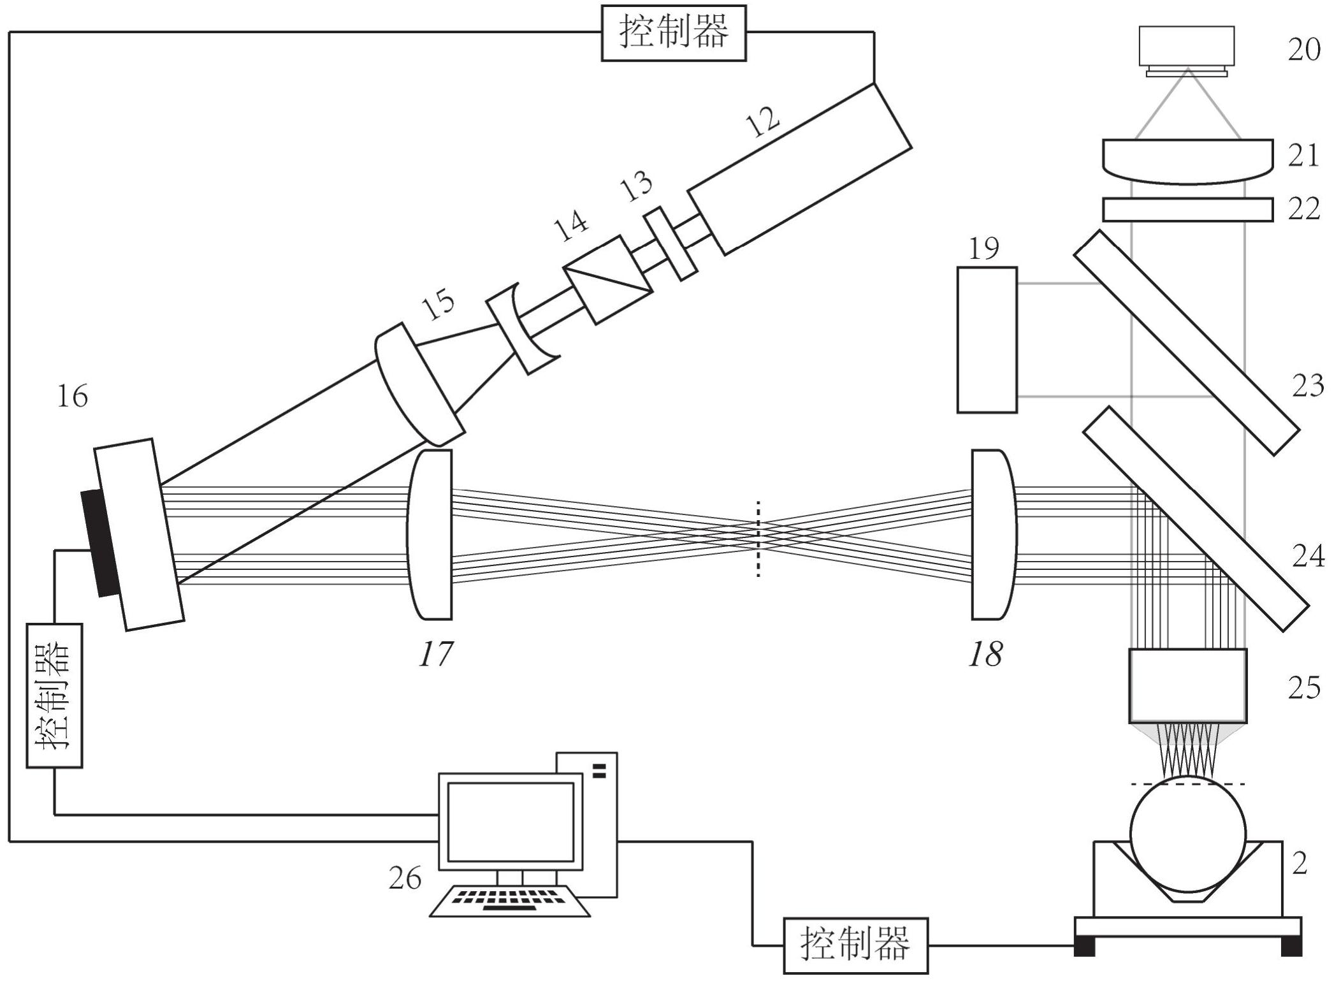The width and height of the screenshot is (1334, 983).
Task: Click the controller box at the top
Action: (x=674, y=33)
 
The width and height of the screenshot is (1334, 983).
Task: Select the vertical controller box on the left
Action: (x=55, y=695)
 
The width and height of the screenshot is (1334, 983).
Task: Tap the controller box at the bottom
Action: (x=855, y=945)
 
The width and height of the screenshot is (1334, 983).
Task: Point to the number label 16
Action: (x=72, y=397)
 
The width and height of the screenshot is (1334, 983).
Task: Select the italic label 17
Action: (x=436, y=654)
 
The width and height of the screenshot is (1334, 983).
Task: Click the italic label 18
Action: (x=985, y=654)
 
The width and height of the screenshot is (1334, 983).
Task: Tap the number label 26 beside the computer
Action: (x=405, y=878)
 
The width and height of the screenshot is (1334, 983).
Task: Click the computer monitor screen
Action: (x=511, y=822)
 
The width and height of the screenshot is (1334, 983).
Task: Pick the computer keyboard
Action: (x=510, y=901)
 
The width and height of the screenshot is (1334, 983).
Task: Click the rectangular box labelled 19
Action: (x=987, y=340)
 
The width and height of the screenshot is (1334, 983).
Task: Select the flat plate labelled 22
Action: (x=1187, y=210)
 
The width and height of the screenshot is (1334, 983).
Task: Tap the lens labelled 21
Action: (x=1187, y=162)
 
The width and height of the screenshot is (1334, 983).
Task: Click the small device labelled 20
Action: (x=1187, y=51)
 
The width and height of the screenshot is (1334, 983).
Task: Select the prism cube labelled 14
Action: (x=609, y=280)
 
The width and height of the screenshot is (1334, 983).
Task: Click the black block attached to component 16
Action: (x=101, y=542)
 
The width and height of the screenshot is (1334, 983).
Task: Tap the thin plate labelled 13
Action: (x=670, y=243)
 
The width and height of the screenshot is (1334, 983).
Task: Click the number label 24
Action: (x=1308, y=557)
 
